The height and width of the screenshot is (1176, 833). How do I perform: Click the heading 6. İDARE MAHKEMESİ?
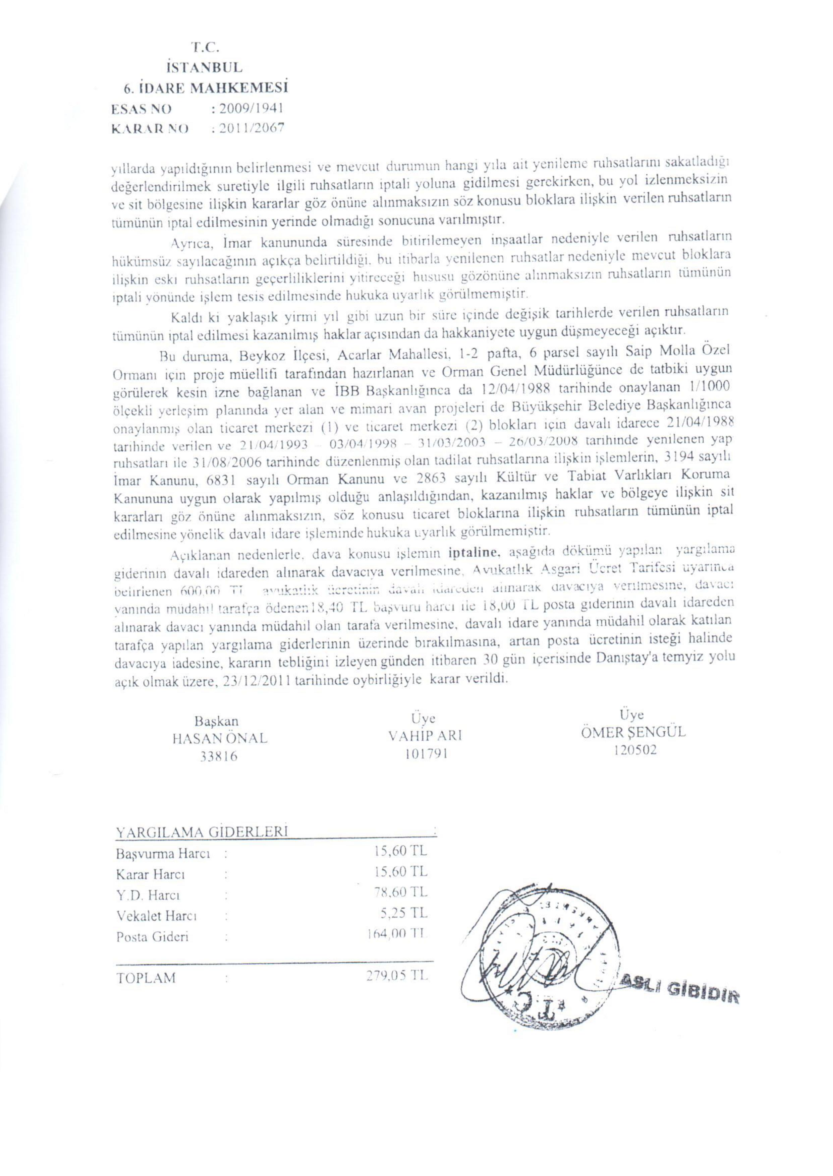click(205, 88)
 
